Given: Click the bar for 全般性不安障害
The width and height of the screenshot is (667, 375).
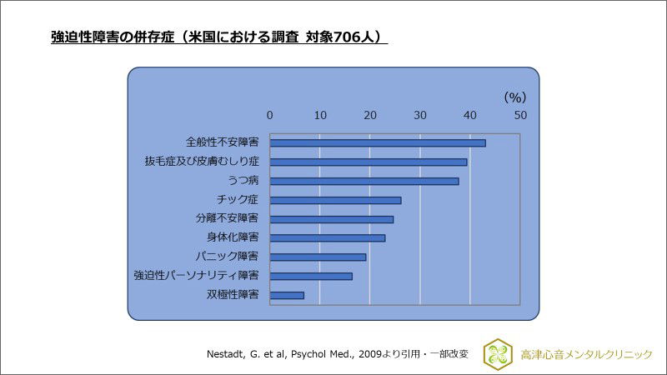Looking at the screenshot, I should coord(378,142).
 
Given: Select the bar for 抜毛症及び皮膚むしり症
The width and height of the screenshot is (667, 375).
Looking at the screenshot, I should coord(369,162).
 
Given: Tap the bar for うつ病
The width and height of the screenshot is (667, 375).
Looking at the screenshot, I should coord(364,181).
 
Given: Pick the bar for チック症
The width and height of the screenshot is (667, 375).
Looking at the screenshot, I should coord(335,200).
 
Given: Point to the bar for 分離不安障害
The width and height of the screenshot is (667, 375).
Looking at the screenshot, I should coord(332,219).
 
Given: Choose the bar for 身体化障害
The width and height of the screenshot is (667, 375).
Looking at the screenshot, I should coord(328,237).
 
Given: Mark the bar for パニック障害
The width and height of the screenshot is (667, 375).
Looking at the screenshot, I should coord(318,257).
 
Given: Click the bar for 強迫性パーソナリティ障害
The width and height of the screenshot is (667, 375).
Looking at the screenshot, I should coord(311,276).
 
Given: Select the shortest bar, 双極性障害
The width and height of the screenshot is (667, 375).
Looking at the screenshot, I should coord(287,295).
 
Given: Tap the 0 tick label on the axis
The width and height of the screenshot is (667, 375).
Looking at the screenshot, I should coord(270,114).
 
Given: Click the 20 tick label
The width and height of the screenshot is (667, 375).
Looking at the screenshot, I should coord(370,114).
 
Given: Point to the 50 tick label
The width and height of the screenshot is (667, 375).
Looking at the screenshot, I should coord(520,114).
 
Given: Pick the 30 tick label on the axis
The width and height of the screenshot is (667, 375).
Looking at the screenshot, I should coord(420,114).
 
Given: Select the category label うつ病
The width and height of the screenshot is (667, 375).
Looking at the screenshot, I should coord(243,181).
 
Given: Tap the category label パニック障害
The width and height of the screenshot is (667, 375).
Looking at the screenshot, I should coord(232,257).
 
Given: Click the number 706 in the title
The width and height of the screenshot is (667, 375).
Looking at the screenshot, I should coord(347,37).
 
